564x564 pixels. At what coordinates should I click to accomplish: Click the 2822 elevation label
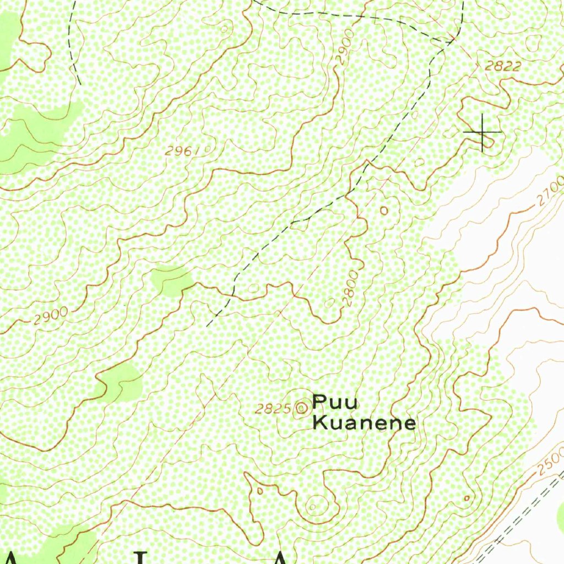pos(503,67)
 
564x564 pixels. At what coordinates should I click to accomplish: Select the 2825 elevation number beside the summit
pos(273,409)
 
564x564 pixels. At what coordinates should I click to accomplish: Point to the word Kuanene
pos(364,423)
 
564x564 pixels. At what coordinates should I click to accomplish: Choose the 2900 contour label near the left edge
pos(50,317)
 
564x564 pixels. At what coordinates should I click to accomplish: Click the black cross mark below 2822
pos(482,133)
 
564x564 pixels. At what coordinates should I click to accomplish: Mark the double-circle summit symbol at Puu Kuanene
pos(301,408)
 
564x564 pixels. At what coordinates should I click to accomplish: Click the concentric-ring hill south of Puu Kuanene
pos(313,505)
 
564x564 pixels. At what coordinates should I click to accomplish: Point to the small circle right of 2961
pos(208,148)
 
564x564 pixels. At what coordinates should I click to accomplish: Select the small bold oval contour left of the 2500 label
pos(467,498)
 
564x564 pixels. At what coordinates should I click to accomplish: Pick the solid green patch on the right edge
pos(560,518)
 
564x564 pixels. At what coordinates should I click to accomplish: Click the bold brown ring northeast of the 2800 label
pos(384,210)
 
